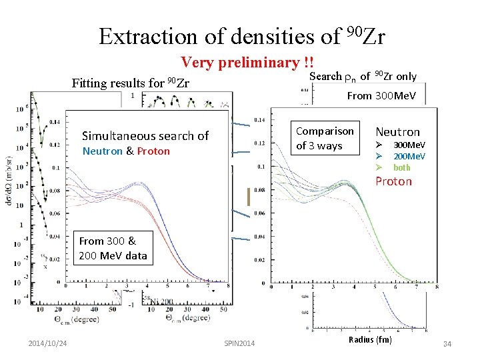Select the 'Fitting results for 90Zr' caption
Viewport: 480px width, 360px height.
pos(131,83)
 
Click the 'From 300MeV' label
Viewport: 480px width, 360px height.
pos(381,95)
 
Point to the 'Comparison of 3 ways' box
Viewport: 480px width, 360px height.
pos(324,138)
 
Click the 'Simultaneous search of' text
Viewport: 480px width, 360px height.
pos(145,135)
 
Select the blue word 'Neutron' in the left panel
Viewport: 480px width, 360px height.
pos(102,151)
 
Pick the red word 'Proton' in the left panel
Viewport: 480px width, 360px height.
pos(153,151)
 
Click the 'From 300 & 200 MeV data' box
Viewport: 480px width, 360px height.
pos(112,249)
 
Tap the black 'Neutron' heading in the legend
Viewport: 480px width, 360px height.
pos(397,132)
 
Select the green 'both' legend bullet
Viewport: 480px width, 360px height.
pos(402,167)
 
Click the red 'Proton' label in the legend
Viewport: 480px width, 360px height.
pos(393,181)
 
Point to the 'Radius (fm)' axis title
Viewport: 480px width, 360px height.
pos(371,339)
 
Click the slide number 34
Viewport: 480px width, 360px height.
pos(446,344)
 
